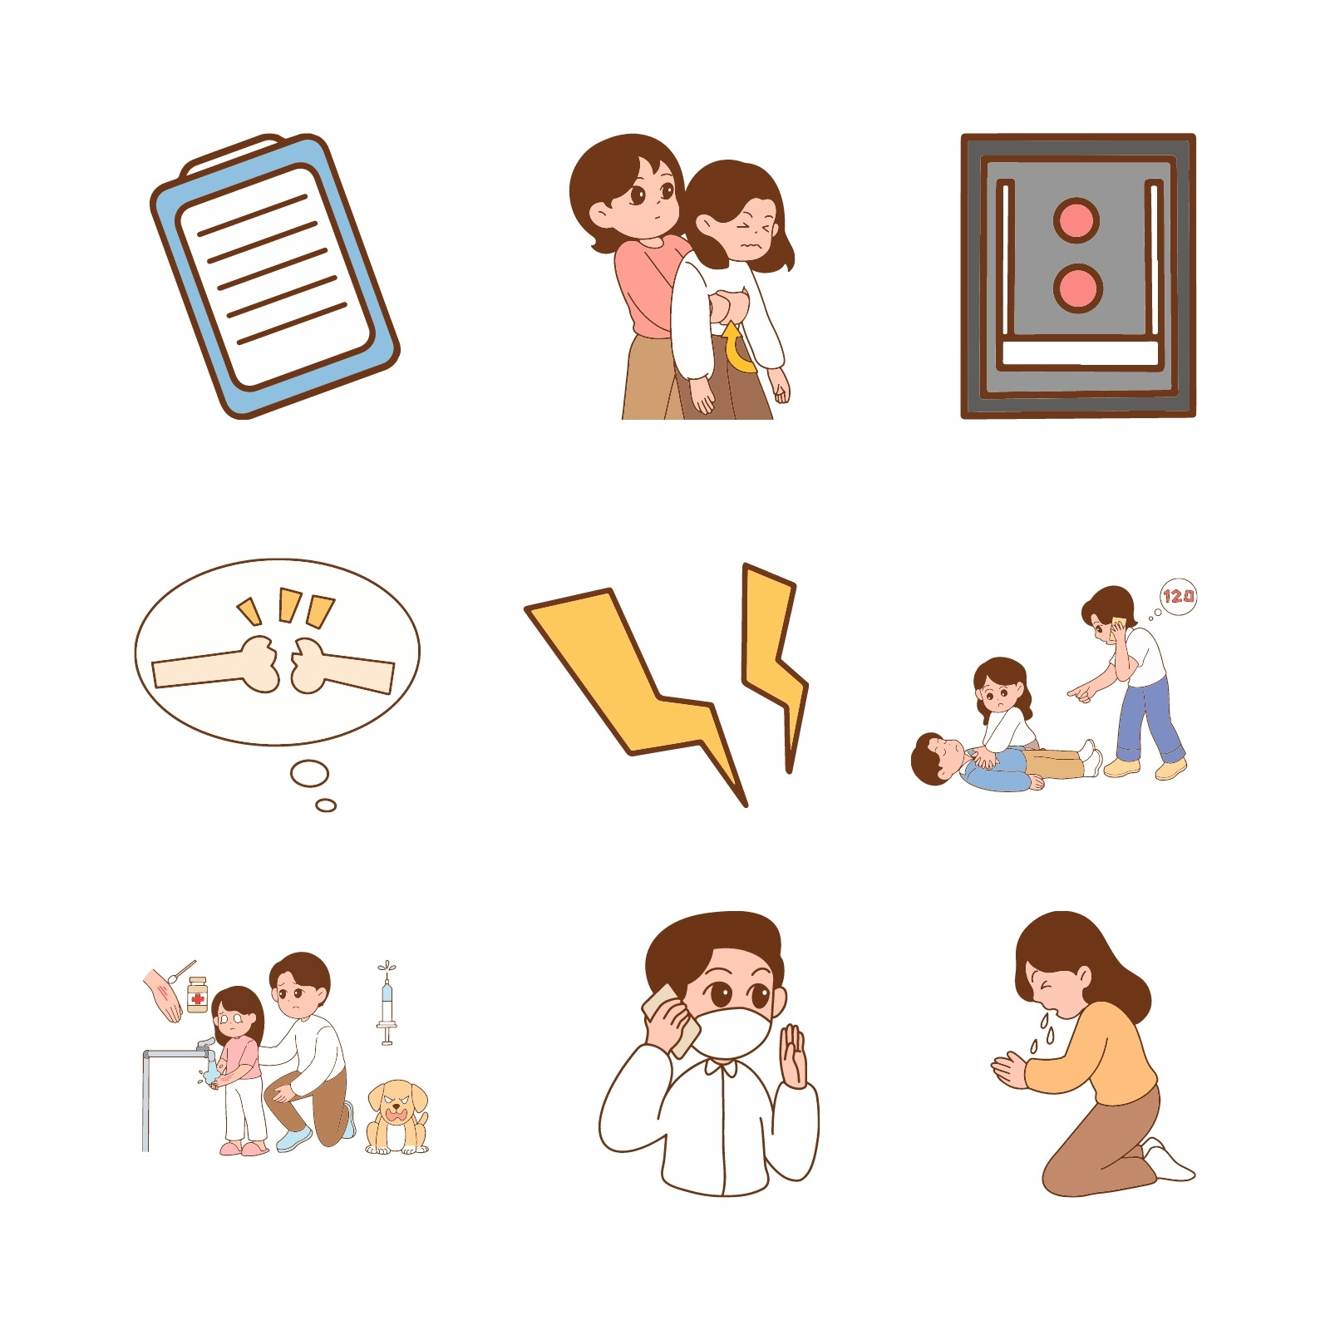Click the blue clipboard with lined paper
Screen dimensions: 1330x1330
[274, 276]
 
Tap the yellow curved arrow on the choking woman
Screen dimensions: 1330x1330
[735, 349]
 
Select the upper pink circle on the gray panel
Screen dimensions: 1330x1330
[1076, 221]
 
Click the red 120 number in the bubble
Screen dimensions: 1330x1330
[1179, 596]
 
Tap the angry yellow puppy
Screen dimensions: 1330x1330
[397, 1116]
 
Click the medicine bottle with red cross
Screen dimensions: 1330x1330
[197, 994]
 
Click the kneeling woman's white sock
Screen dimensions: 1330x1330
[1170, 1161]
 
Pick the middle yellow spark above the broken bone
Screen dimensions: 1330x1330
[289, 604]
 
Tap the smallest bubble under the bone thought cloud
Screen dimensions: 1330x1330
[326, 805]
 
